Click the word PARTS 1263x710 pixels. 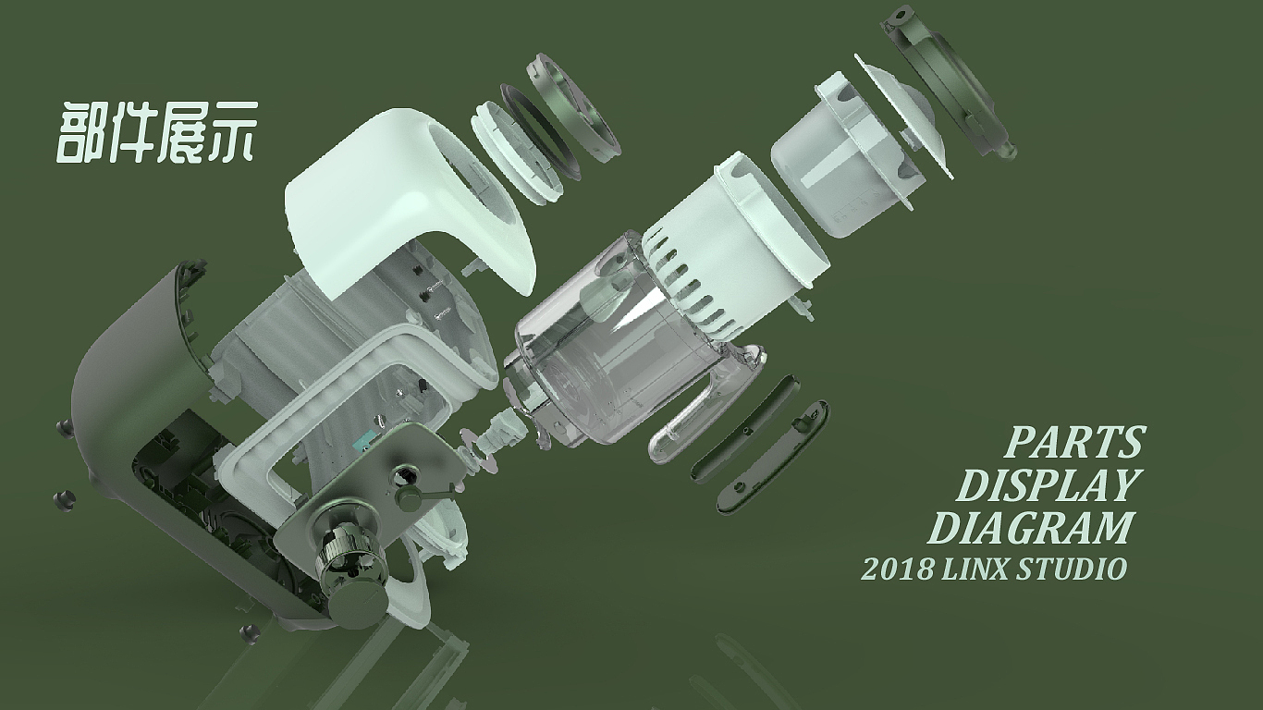click(x=1074, y=443)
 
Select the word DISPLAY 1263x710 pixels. click(x=1046, y=485)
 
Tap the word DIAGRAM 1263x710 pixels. click(x=1030, y=528)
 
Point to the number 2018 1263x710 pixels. click(x=897, y=569)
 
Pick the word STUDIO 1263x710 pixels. click(x=1073, y=569)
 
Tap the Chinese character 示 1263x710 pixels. click(x=229, y=133)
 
